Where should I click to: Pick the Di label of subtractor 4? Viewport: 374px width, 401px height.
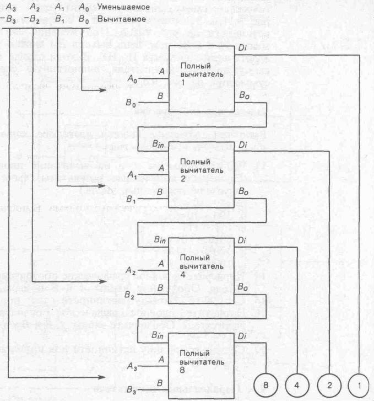[243, 240]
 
